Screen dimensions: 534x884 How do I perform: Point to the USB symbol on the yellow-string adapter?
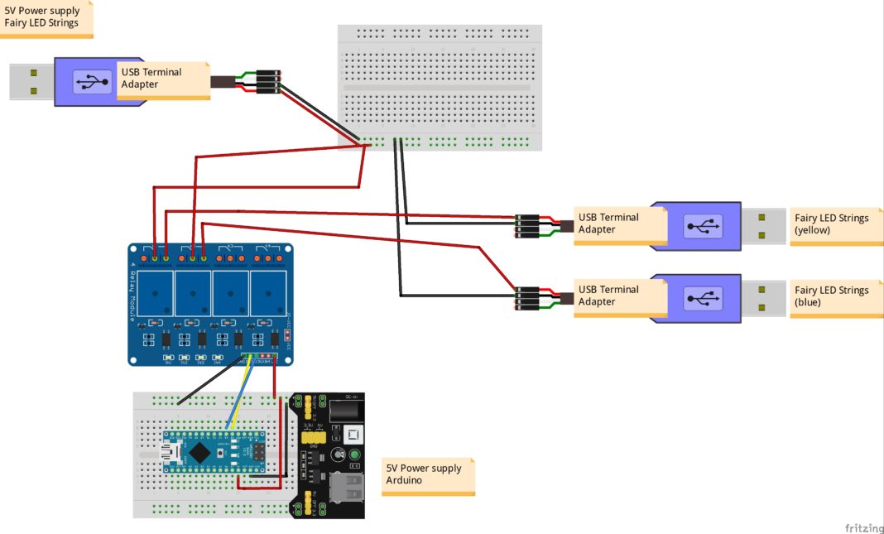pos(703,226)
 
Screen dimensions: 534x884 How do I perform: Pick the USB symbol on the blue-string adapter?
pos(703,298)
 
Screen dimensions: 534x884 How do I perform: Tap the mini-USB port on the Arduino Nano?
pos(171,452)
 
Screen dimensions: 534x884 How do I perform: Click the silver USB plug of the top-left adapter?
pos(31,81)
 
